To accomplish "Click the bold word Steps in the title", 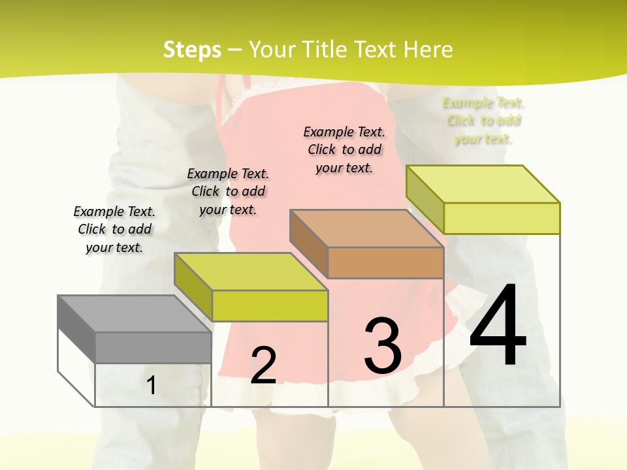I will click(x=192, y=50).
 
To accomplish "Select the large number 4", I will click(x=498, y=326).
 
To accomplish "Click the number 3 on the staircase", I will click(x=383, y=345).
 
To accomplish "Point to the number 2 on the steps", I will click(x=263, y=366).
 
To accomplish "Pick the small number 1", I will click(x=152, y=386).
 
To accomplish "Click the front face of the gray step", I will click(x=153, y=347).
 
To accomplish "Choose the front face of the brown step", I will click(x=385, y=262).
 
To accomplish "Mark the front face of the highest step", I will click(x=502, y=218).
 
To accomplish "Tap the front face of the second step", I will click(x=269, y=305).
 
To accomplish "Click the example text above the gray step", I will click(x=114, y=229).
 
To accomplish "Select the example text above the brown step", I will click(x=344, y=149).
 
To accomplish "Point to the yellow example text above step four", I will click(x=483, y=121).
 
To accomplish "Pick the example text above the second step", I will click(x=228, y=191).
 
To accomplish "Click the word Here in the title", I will click(x=428, y=50).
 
